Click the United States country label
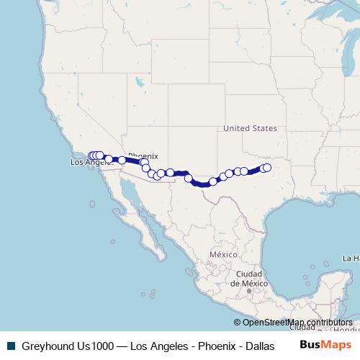250,128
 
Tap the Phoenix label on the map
143,156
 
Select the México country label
223,255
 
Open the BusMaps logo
326,345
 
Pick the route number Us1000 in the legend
94,346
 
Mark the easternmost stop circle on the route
267,168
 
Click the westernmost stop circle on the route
91,156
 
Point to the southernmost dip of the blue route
204,184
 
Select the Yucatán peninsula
328,277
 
